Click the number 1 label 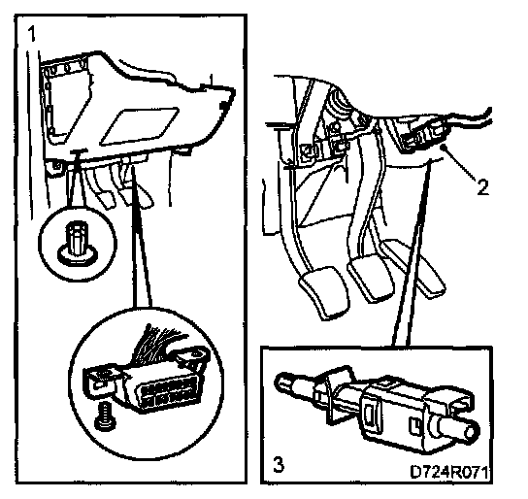(32, 35)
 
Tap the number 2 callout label (483, 186)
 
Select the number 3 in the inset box (279, 465)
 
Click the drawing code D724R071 (449, 472)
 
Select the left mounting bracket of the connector (101, 381)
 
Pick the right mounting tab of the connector (190, 357)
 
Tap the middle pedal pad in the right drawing (372, 276)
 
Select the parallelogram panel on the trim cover (140, 126)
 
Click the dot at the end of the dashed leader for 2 (445, 147)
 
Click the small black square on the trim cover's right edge (223, 106)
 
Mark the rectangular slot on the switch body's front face (369, 416)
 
